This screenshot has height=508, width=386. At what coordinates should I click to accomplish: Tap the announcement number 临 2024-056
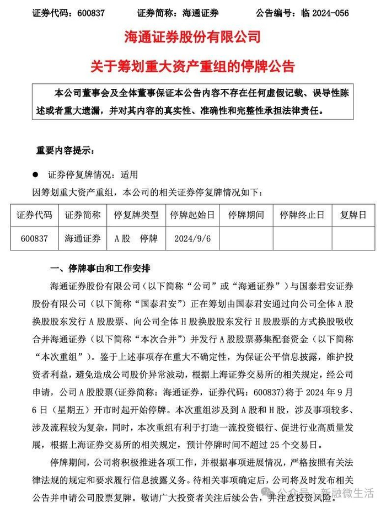tap(321, 13)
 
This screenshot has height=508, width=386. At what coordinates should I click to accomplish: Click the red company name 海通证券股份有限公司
tap(193, 38)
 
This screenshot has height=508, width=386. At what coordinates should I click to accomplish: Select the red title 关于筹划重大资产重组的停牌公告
tap(193, 67)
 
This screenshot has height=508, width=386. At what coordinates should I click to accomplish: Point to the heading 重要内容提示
tap(65, 150)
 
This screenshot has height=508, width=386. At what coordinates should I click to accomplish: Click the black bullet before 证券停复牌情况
tap(36, 174)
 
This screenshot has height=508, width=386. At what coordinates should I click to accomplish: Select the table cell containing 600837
tap(34, 239)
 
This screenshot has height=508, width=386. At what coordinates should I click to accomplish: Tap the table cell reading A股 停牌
tap(136, 239)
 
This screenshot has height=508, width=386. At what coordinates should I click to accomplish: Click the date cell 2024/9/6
tap(192, 239)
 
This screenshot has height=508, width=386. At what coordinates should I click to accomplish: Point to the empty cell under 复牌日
tap(353, 239)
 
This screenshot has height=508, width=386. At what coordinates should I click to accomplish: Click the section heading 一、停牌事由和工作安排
tap(100, 269)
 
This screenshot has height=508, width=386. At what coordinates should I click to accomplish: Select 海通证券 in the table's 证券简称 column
tap(83, 239)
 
